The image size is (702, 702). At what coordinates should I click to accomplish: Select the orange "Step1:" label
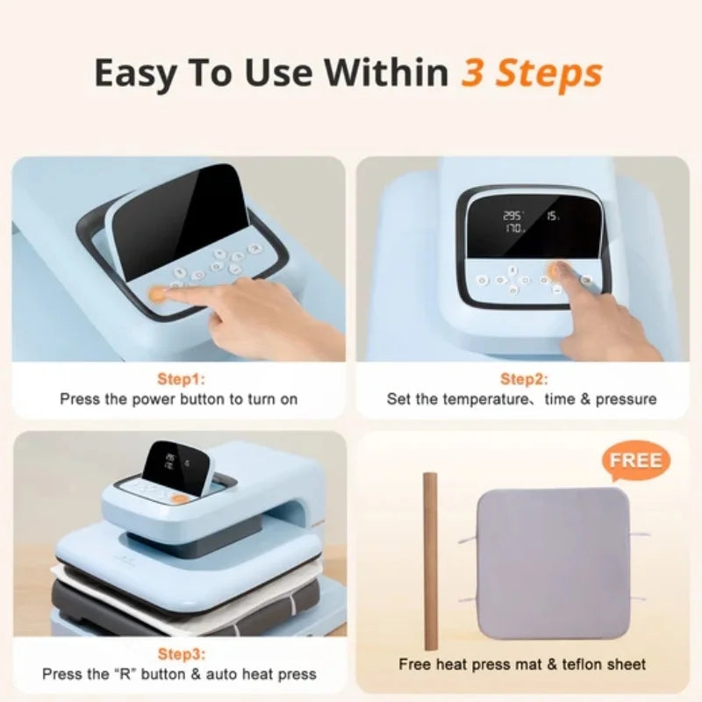tap(178, 379)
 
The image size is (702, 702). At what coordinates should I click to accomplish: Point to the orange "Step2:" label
tap(524, 379)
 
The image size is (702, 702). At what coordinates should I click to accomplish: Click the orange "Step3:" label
tap(178, 654)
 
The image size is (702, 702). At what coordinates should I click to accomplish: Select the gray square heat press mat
tap(553, 561)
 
